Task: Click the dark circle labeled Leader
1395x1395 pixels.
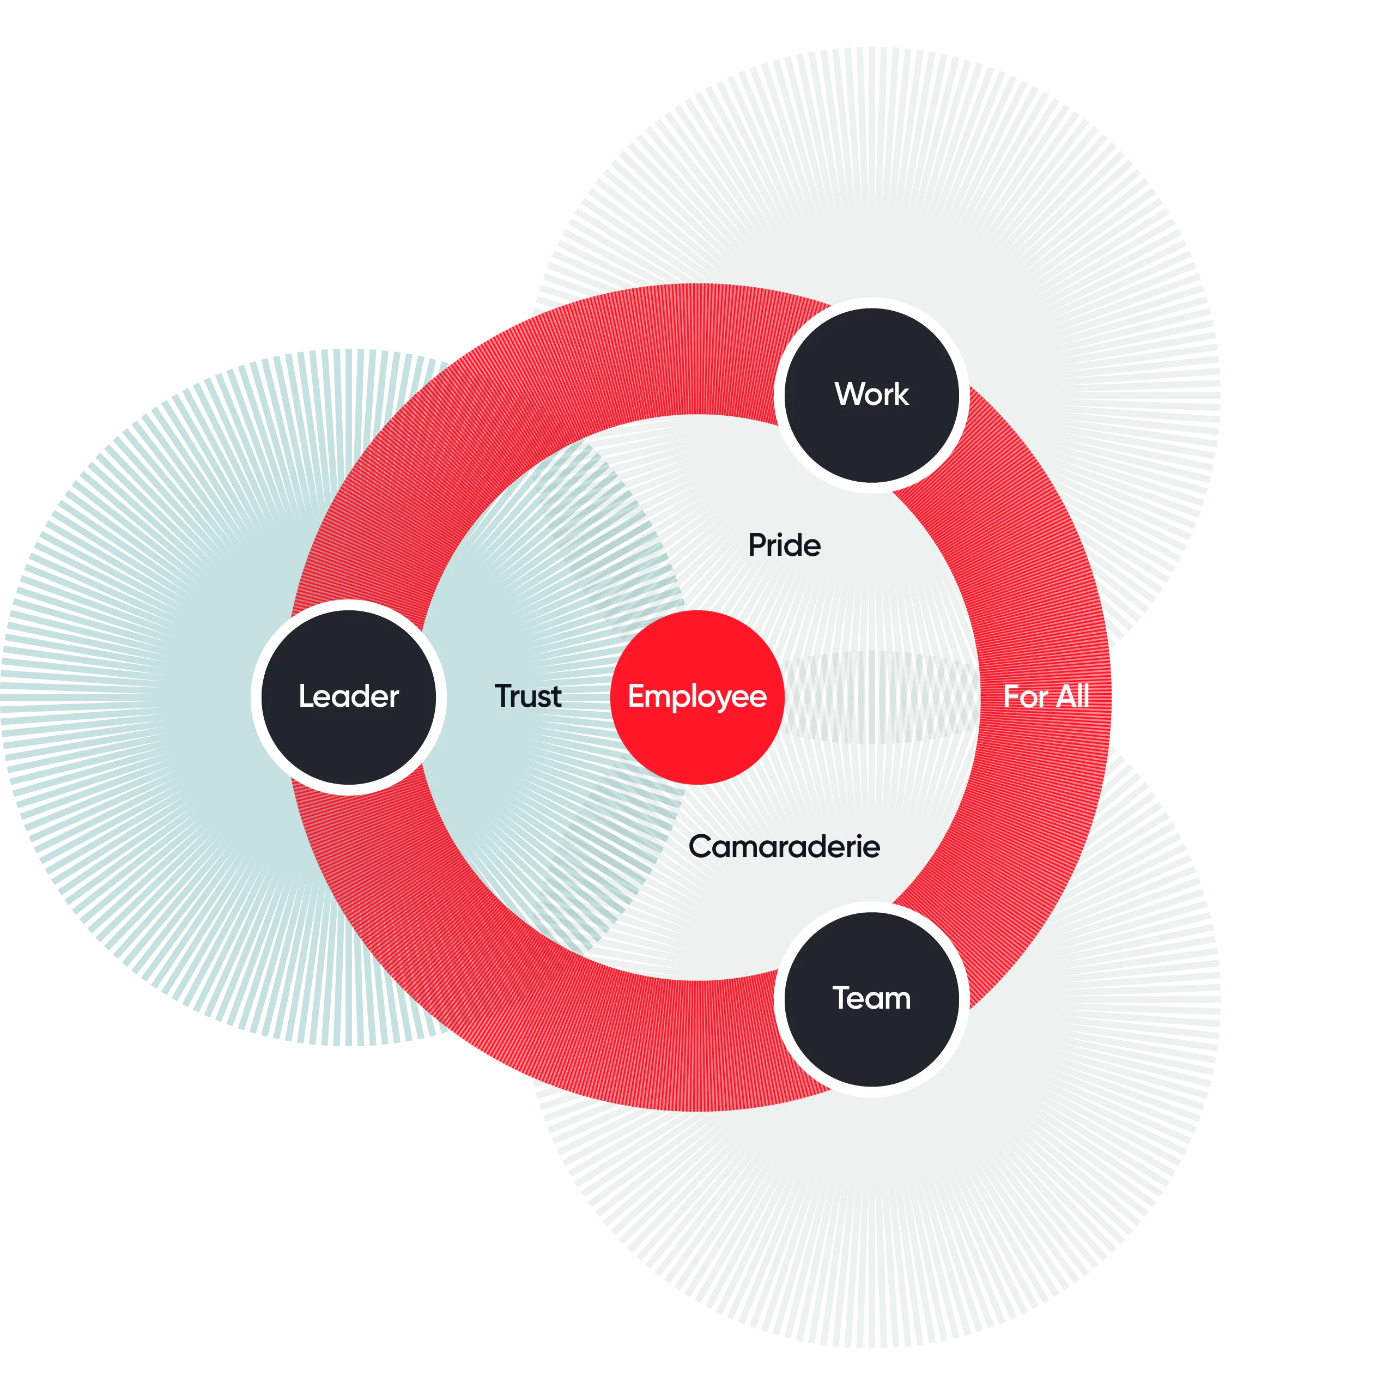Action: (x=349, y=697)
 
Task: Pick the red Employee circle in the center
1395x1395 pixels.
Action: (x=697, y=697)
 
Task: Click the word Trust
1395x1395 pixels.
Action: (x=528, y=696)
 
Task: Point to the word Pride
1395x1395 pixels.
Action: (x=784, y=545)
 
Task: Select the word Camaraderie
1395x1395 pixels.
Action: (x=784, y=846)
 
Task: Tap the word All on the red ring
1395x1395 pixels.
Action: (x=1073, y=697)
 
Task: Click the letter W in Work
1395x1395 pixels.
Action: (x=850, y=394)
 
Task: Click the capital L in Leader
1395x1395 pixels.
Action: (x=307, y=696)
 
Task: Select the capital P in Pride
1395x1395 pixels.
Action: (x=757, y=545)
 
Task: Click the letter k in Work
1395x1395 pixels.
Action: (x=901, y=394)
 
